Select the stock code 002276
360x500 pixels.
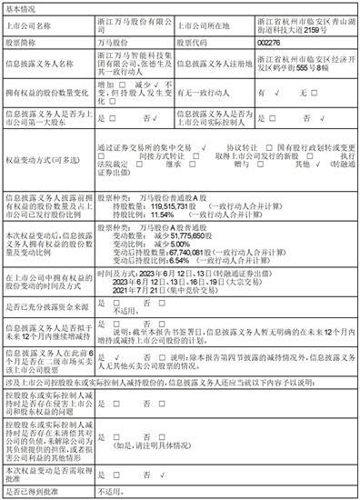coord(270,42)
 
